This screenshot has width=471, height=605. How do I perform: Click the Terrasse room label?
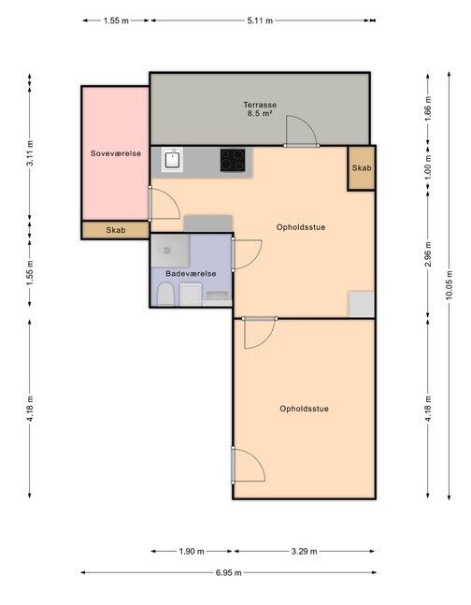pos(260,105)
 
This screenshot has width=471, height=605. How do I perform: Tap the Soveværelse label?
pos(116,153)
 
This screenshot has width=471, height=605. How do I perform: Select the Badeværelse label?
pos(191,274)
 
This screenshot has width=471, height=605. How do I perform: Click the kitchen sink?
pos(173,160)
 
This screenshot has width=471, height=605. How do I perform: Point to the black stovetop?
pos(233,160)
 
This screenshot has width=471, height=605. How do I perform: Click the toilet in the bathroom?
pos(165,294)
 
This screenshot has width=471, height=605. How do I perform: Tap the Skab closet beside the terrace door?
pos(362,167)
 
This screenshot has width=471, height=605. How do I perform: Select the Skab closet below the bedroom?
pos(115,230)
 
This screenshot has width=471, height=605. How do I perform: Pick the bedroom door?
pos(164,204)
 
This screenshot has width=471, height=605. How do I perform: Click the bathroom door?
pos(247,254)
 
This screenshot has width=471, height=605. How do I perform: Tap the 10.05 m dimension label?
pos(449,285)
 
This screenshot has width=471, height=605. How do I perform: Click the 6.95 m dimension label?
pos(229,572)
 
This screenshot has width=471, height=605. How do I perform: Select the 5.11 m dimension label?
pos(260,21)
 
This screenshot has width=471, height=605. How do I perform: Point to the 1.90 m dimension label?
pos(192,552)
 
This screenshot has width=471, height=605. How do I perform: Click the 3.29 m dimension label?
pos(305,552)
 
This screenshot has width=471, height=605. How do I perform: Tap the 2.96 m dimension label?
pos(428,254)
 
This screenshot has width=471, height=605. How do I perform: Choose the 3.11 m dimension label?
pos(30,153)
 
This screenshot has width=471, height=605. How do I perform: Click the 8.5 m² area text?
pos(260,113)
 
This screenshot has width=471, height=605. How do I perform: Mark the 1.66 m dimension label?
pos(428,108)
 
